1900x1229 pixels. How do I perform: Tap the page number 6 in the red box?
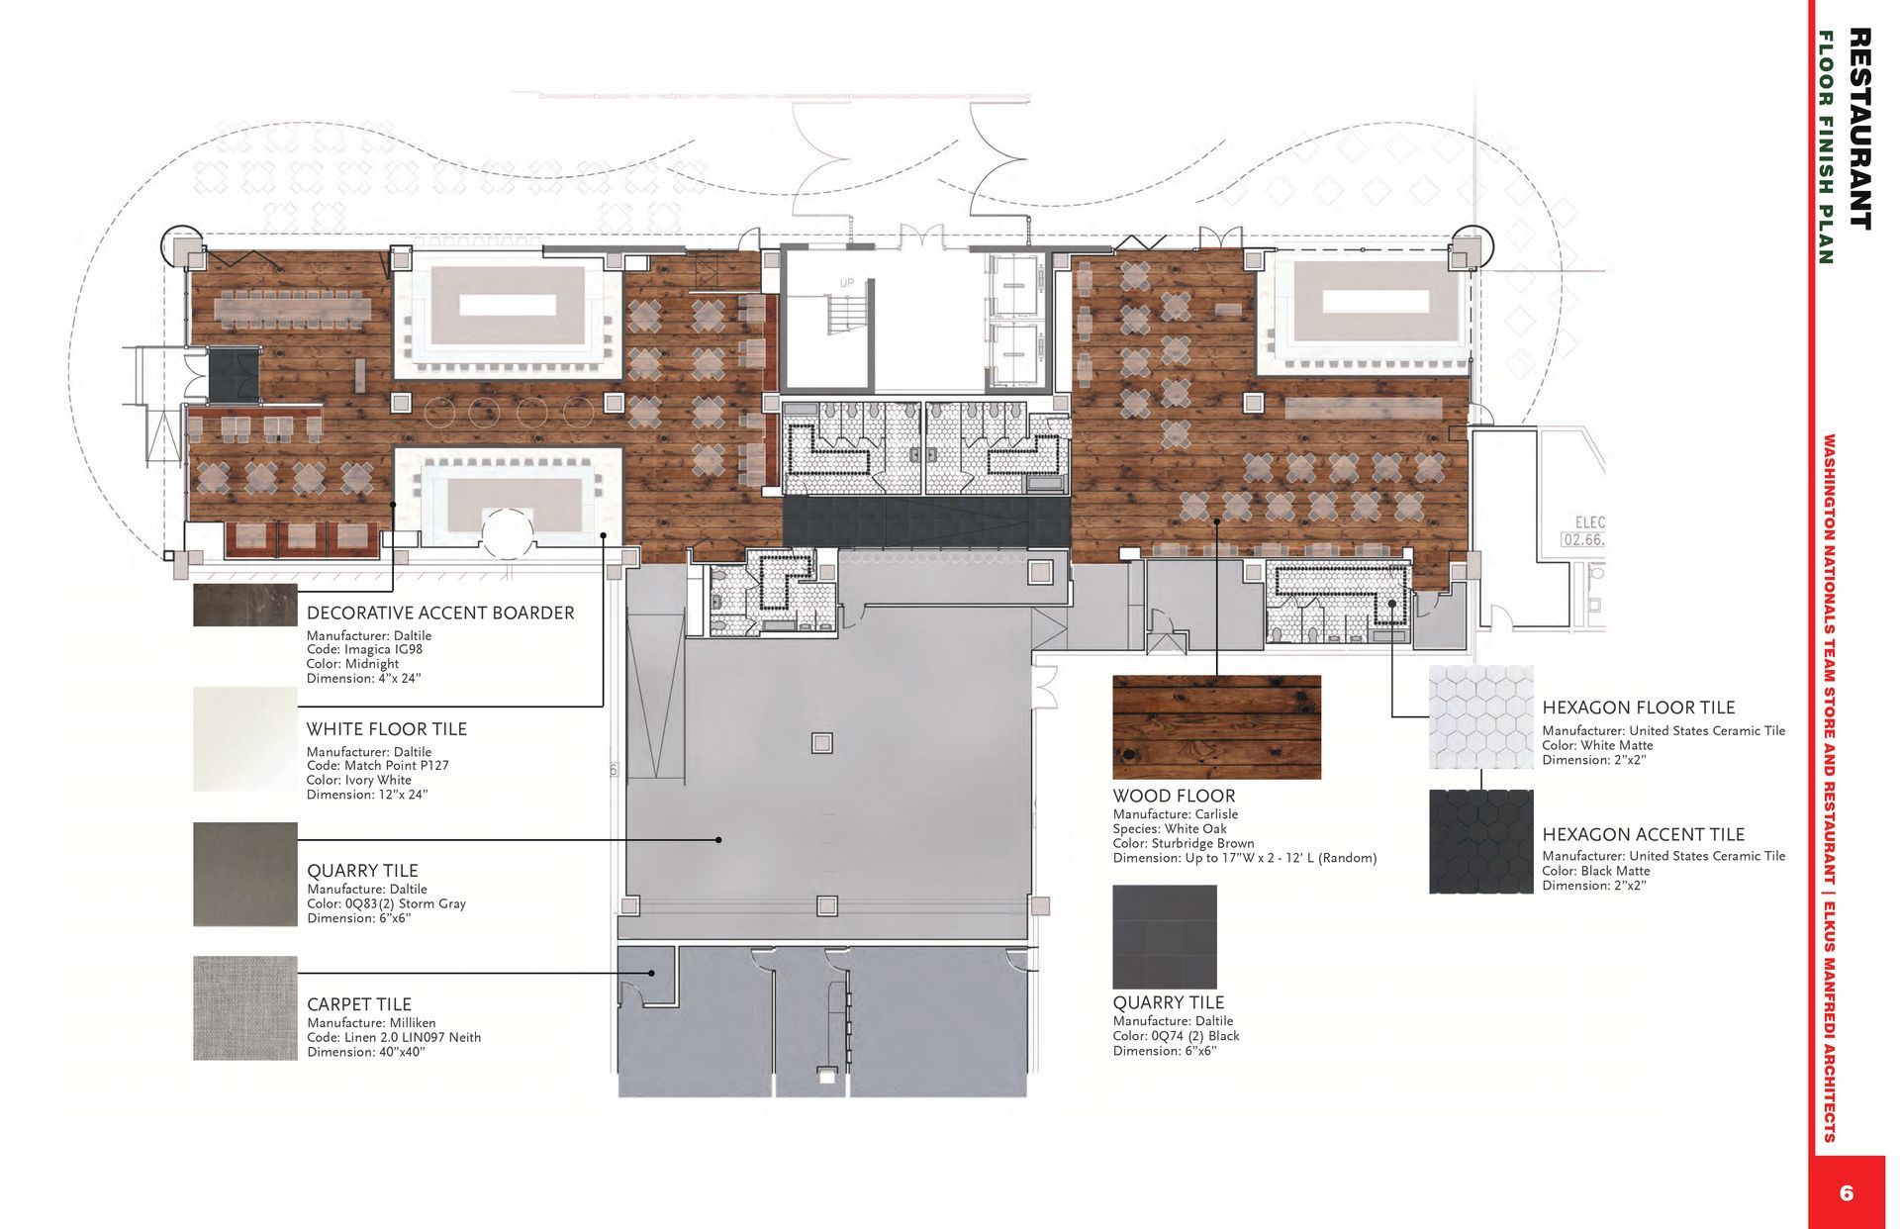coord(1847,1192)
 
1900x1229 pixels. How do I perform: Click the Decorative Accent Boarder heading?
coord(440,614)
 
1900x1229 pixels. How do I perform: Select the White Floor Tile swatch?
coord(245,739)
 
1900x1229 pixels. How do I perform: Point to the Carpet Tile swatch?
coord(245,1008)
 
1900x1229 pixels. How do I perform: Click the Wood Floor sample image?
coord(1216,727)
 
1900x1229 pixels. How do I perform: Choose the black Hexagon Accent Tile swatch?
coord(1481,841)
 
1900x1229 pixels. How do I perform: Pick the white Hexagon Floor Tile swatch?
coord(1481,717)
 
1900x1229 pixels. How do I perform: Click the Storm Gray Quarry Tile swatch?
coord(245,874)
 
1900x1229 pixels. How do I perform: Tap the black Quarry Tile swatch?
coord(1165,937)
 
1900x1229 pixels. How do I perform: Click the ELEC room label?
coord(1589,522)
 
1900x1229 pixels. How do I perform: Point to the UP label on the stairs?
coord(847,284)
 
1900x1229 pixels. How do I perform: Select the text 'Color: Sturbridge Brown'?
coord(1184,844)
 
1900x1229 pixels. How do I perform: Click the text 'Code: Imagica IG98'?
coord(364,650)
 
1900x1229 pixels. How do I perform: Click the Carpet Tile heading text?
coord(359,1004)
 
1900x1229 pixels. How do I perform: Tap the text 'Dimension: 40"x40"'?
coord(366,1052)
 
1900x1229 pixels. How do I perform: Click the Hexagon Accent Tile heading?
coord(1644,835)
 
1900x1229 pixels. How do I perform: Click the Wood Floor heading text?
coord(1174,797)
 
